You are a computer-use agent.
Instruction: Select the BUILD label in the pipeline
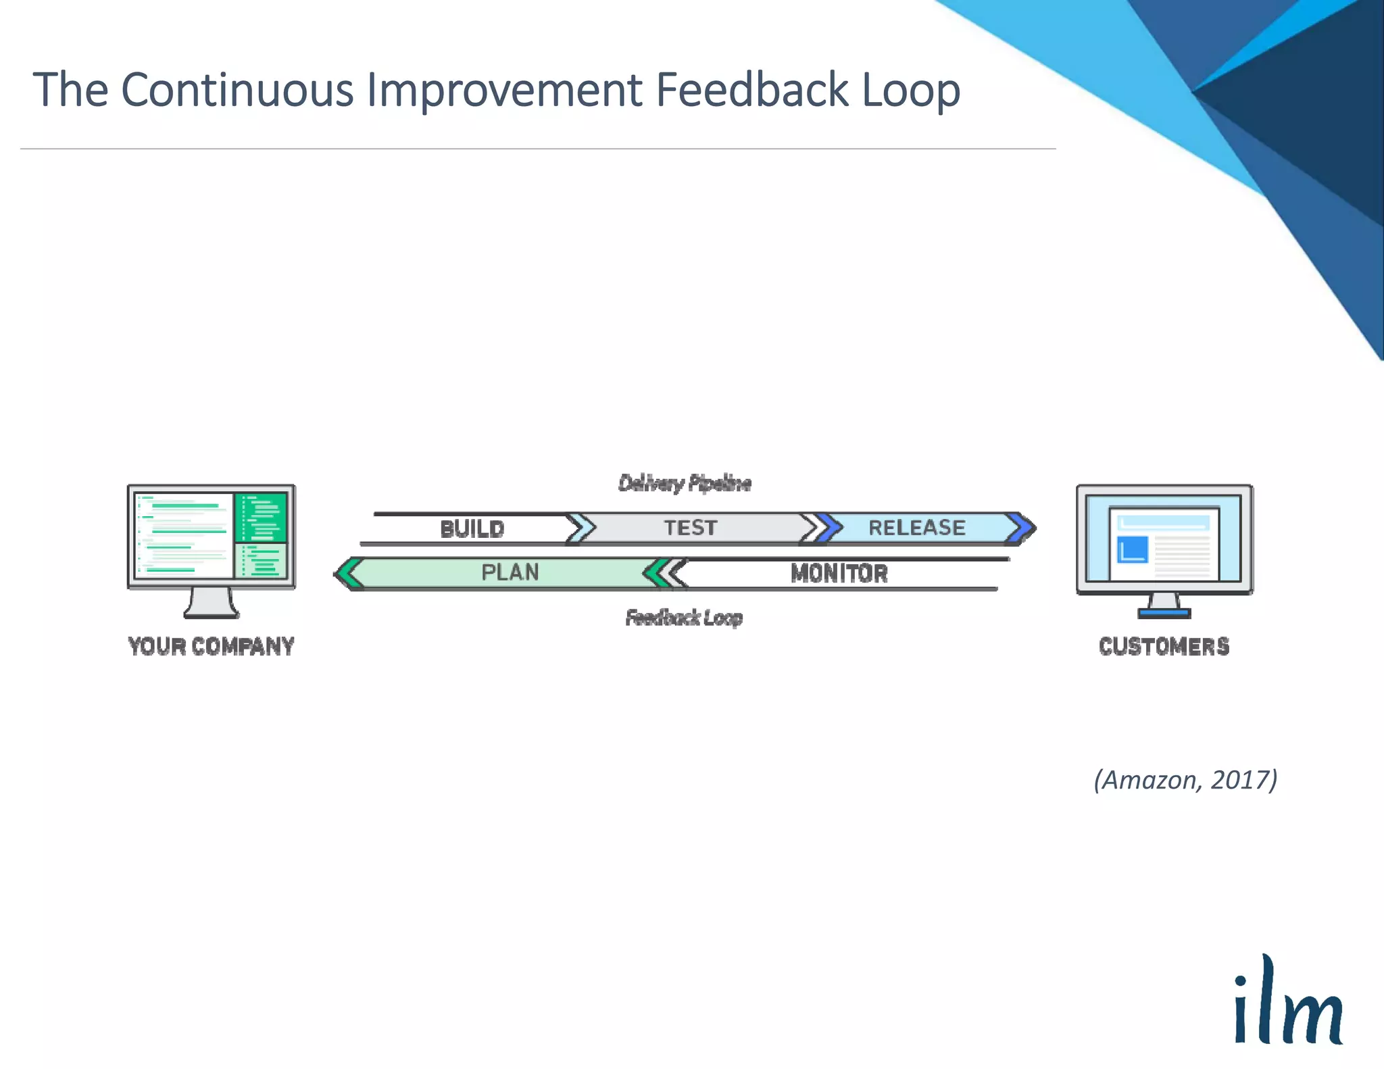pos(472,528)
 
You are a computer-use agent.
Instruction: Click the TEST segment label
pos(690,528)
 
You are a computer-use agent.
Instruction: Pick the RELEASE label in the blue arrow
pos(916,528)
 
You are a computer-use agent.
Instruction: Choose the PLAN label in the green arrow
pos(510,572)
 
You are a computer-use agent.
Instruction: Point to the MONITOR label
pos(839,574)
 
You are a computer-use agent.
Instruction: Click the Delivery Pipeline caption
pos(684,483)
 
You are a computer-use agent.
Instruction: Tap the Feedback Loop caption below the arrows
pos(683,618)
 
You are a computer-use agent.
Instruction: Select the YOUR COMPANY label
pos(211,647)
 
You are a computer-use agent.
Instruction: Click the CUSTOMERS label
pos(1164,647)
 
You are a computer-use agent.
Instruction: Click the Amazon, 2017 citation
pos(1185,780)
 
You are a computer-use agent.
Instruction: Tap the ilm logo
pos(1287,1003)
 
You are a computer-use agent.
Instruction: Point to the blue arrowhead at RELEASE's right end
pos(1022,528)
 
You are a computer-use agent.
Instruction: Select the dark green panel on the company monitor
pos(261,517)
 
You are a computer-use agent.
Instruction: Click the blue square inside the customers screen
pos(1133,549)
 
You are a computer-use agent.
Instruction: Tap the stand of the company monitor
pos(211,602)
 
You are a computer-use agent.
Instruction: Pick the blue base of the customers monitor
pos(1164,614)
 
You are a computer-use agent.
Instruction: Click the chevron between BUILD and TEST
pos(580,528)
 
